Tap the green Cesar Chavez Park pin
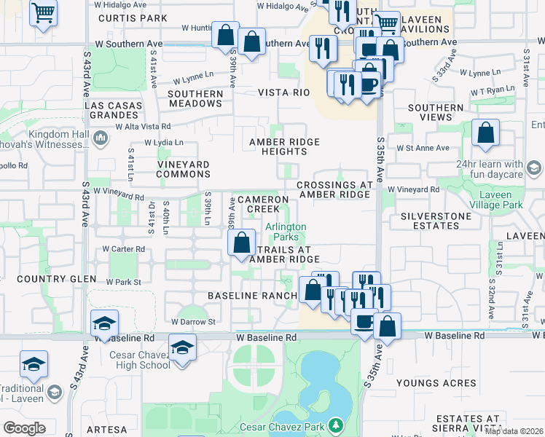pyautogui.click(x=335, y=424)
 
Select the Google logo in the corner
pyautogui.click(x=24, y=428)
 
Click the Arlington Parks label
pyautogui.click(x=286, y=232)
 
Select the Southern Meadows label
pyautogui.click(x=195, y=98)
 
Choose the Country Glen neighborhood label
pyautogui.click(x=47, y=279)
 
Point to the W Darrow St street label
pyautogui.click(x=197, y=321)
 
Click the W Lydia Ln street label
pyautogui.click(x=164, y=142)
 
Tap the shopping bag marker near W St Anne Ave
pyautogui.click(x=485, y=133)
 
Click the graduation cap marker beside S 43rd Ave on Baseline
pyautogui.click(x=104, y=323)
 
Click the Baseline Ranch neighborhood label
pyautogui.click(x=252, y=296)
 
